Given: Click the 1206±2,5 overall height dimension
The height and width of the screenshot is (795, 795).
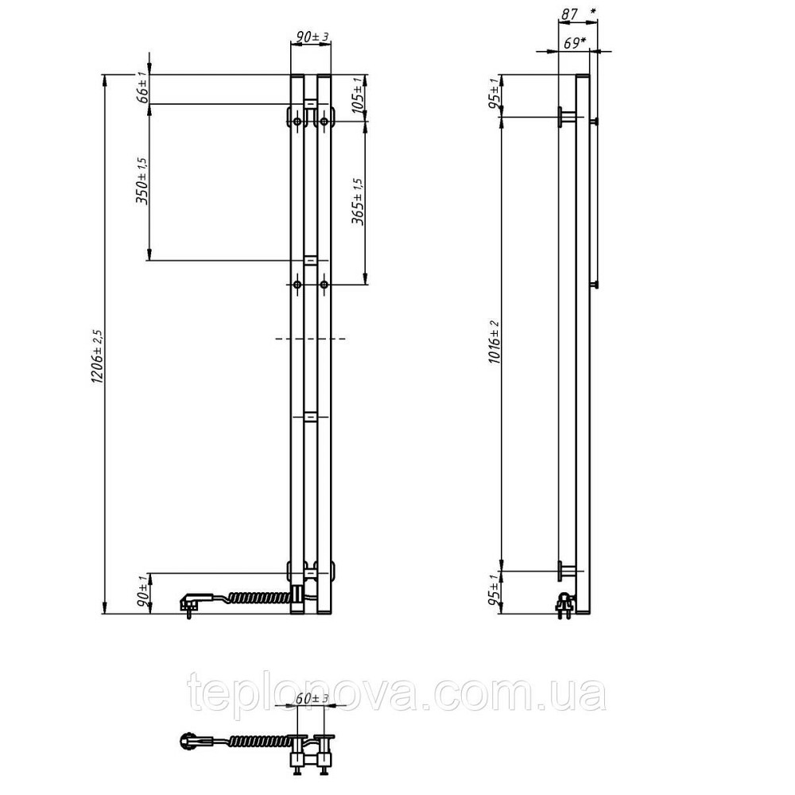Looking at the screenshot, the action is pos(97,356).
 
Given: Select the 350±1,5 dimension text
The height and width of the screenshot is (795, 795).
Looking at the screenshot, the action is pos(142,180).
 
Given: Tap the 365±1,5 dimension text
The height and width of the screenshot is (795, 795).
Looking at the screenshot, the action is pos(358,201).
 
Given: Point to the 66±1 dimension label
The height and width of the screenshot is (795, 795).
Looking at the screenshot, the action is pos(143,87).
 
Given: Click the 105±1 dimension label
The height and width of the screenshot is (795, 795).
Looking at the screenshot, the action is pos(358,95).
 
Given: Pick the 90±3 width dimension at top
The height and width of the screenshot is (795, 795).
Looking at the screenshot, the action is pos(312,37).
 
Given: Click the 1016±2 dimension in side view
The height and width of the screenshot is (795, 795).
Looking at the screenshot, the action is pos(494,342).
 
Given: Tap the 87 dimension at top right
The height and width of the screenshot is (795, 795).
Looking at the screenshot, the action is pos(569,14).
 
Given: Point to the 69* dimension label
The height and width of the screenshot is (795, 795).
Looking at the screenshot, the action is pos(575,44).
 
